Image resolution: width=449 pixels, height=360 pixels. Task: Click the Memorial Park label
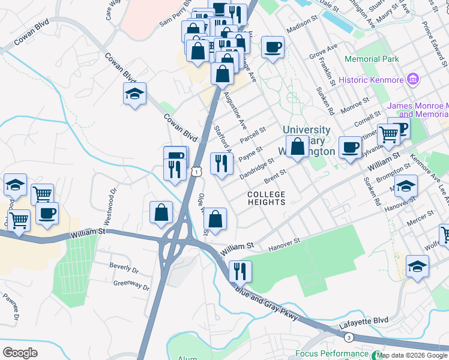[x=372, y=59]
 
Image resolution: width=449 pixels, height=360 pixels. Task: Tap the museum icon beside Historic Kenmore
[x=412, y=79]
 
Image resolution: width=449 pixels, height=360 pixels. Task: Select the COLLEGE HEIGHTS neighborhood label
[x=267, y=198]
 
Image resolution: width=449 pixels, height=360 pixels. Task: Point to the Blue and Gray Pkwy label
[x=267, y=306]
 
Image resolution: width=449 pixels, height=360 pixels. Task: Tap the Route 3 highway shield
[x=349, y=337]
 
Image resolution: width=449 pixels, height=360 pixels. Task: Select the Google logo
[x=20, y=352]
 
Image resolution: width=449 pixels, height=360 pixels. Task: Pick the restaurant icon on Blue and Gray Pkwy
[x=239, y=271]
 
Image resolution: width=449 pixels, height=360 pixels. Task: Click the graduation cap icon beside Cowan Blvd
[x=135, y=94]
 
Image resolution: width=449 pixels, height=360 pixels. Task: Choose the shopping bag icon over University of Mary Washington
[x=297, y=146]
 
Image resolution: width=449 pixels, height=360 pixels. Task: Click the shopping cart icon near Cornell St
[x=389, y=136]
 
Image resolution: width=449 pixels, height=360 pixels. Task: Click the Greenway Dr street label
[x=131, y=285]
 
